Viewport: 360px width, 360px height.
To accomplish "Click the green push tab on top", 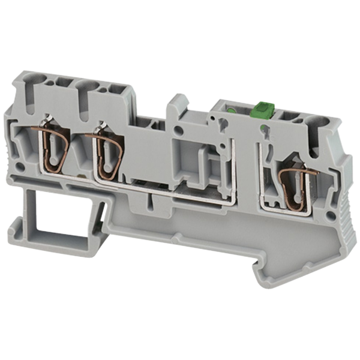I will (x=262, y=110).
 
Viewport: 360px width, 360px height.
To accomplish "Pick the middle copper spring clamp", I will (x=107, y=158).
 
